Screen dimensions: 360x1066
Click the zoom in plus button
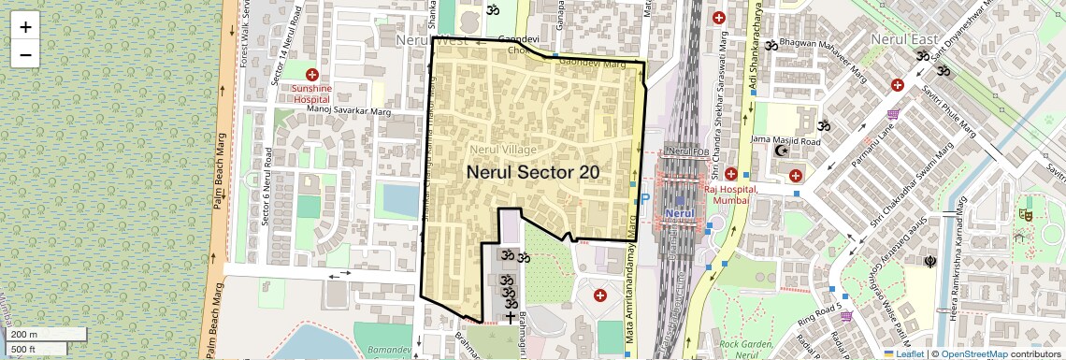point(25,27)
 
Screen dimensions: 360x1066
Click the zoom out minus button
point(25,54)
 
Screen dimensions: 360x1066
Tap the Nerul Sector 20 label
point(532,172)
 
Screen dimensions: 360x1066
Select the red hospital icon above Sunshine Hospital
point(312,74)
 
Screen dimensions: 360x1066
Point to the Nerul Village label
point(503,150)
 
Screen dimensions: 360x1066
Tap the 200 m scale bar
point(24,334)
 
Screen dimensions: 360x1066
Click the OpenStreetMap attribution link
point(973,354)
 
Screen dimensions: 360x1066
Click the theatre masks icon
point(1026,214)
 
